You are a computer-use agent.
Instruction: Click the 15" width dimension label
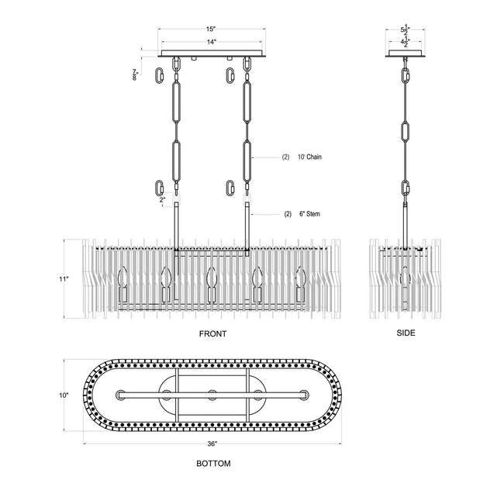[210, 29]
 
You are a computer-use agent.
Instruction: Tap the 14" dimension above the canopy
[211, 42]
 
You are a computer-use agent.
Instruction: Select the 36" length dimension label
[212, 444]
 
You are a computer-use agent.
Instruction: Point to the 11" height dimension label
[64, 279]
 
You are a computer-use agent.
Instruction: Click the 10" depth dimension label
[64, 395]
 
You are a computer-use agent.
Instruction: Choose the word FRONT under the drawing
[212, 334]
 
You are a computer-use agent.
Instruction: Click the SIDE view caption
[406, 333]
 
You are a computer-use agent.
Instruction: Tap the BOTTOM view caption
[213, 464]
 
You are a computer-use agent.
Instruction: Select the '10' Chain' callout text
[309, 157]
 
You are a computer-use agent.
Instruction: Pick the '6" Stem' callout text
[309, 214]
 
